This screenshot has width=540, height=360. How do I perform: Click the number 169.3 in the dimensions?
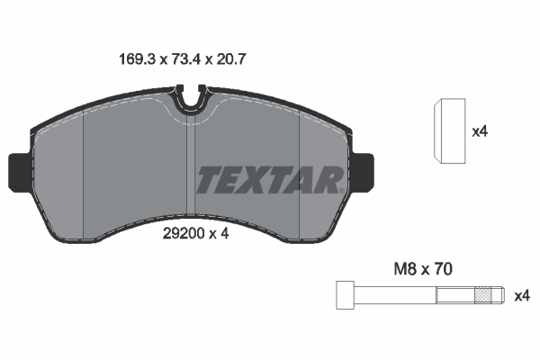(137, 59)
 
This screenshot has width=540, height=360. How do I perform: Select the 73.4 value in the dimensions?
(185, 59)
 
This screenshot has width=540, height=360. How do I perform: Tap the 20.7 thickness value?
(231, 59)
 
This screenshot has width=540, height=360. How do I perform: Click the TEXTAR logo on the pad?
(270, 180)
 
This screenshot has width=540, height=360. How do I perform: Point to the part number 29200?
(184, 234)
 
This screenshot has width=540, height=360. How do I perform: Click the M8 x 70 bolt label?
(423, 269)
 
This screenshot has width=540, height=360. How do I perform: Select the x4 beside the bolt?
(521, 296)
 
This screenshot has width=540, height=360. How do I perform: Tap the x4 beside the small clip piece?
(480, 131)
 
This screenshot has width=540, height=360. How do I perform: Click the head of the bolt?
(345, 295)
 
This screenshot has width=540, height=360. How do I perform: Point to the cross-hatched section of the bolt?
(483, 295)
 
